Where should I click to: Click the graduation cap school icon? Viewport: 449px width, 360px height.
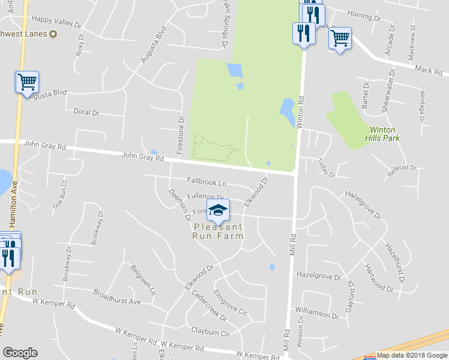tap(218, 209)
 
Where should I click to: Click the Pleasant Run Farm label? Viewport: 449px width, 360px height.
tap(218, 232)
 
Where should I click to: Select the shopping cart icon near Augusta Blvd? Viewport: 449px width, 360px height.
tap(27, 82)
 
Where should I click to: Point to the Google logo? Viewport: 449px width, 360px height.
tap(20, 353)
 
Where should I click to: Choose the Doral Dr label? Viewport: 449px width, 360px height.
tap(86, 112)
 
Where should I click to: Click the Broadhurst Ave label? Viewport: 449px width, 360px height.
tap(116, 297)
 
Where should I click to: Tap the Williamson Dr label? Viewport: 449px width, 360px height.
tap(318, 313)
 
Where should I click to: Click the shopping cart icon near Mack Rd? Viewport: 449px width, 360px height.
tap(340, 39)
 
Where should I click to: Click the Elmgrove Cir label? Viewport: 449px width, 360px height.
tap(230, 304)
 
